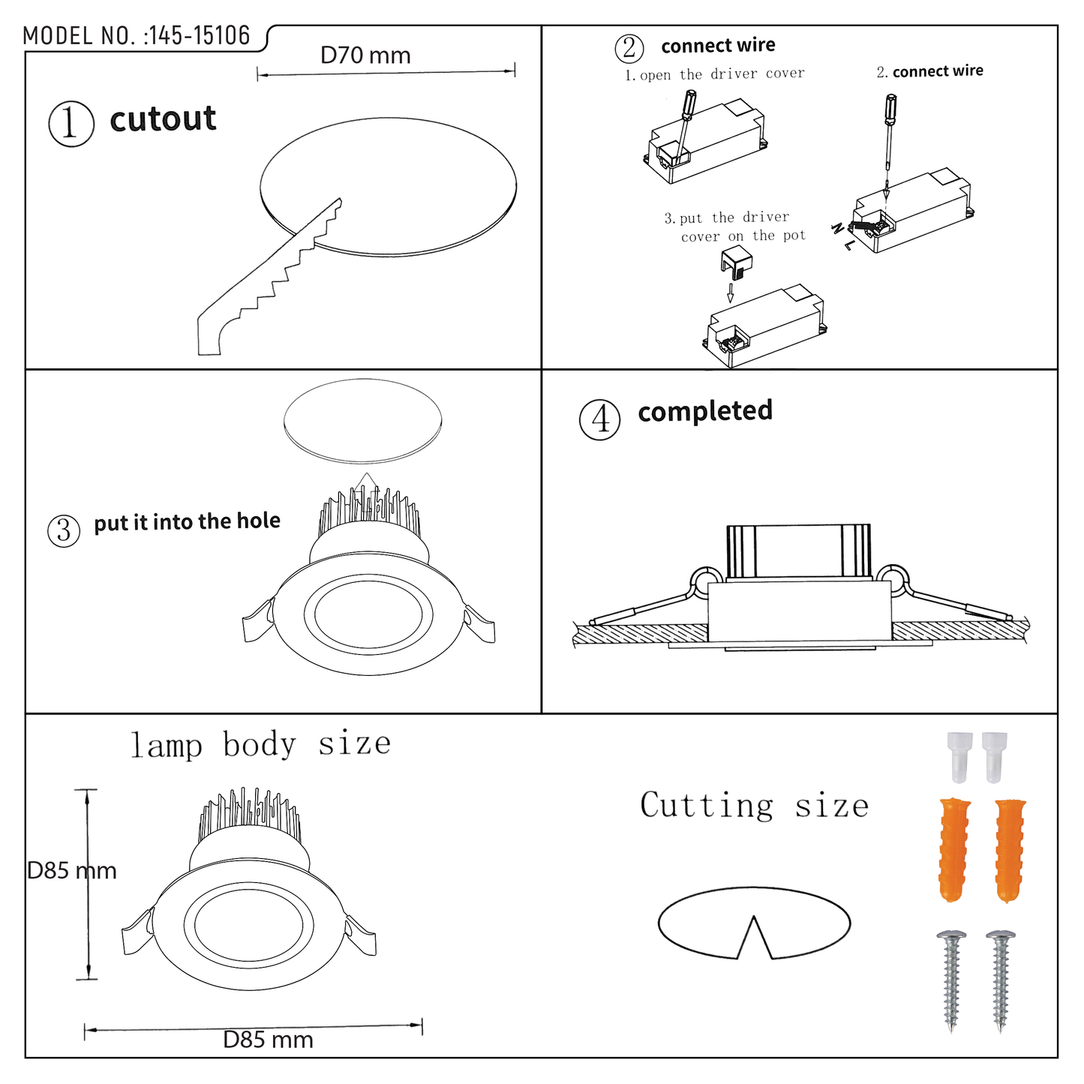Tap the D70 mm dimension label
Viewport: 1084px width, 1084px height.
pyautogui.click(x=365, y=56)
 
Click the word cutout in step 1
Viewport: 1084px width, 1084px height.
pyautogui.click(x=163, y=119)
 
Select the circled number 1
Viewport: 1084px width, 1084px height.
pyautogui.click(x=71, y=124)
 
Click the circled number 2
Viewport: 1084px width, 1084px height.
pyautogui.click(x=629, y=49)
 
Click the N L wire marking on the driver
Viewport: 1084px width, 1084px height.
pyautogui.click(x=842, y=236)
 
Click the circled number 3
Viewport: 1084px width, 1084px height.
pyautogui.click(x=64, y=531)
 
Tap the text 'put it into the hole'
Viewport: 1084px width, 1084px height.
pyautogui.click(x=187, y=521)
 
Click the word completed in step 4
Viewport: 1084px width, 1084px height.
pyautogui.click(x=705, y=411)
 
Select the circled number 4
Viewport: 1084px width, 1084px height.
pyautogui.click(x=599, y=419)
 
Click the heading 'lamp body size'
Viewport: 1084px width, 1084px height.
pyautogui.click(x=260, y=744)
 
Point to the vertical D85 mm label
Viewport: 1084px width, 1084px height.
pyautogui.click(x=72, y=871)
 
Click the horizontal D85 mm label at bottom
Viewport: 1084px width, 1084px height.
pyautogui.click(x=268, y=1040)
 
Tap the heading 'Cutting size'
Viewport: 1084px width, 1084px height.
pyautogui.click(x=754, y=806)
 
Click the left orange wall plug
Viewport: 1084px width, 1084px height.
pyautogui.click(x=954, y=849)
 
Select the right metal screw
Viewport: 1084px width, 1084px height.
pyautogui.click(x=1000, y=980)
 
